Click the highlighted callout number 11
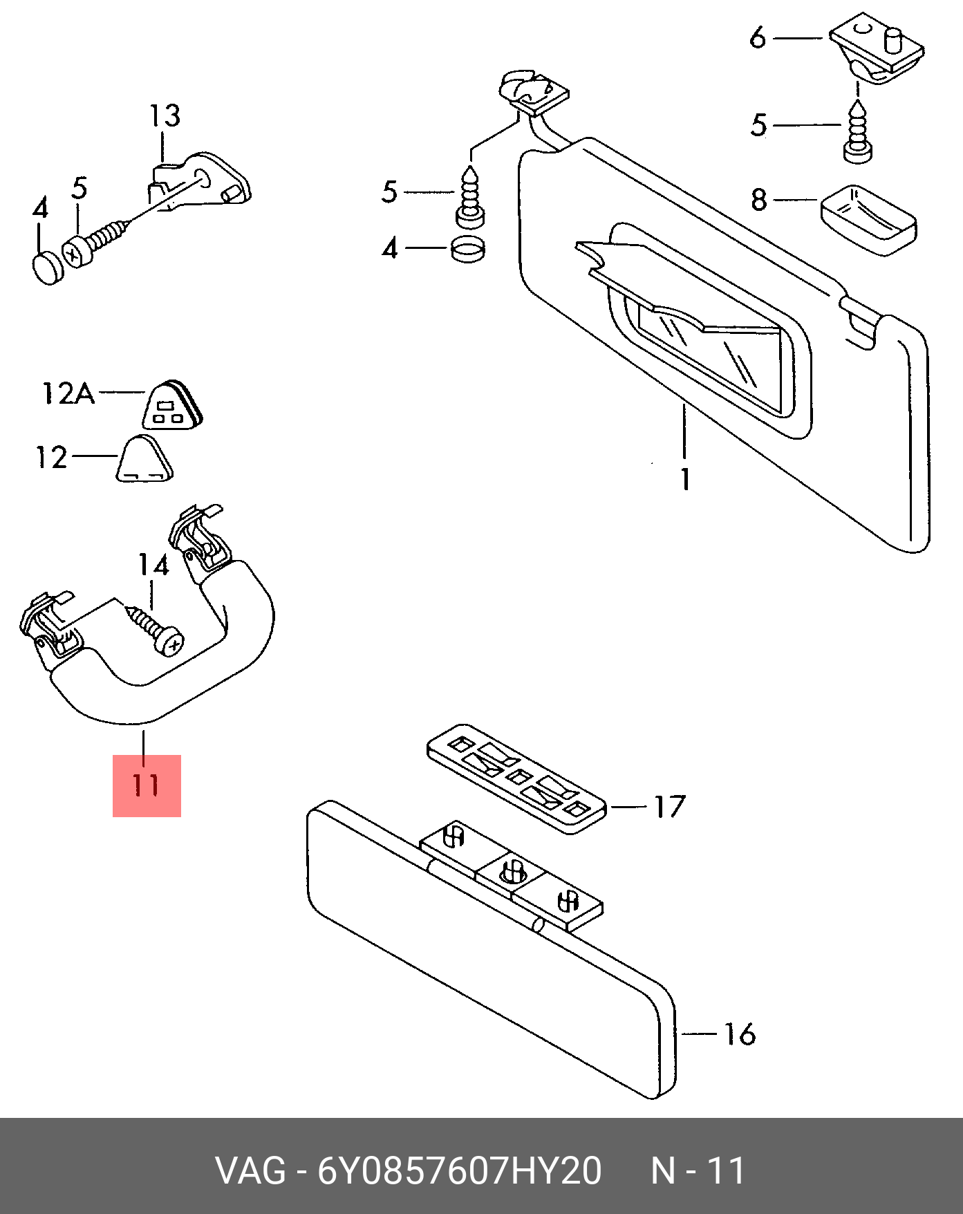(x=147, y=785)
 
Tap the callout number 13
(x=165, y=115)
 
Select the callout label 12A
(x=68, y=393)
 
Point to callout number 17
(x=669, y=806)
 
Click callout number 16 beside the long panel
(x=740, y=1034)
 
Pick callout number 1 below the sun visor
(x=685, y=479)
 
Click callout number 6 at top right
(x=758, y=37)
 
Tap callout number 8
(x=759, y=200)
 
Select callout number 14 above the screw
(x=153, y=565)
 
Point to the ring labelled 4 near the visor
(x=468, y=250)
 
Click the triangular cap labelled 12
(x=144, y=458)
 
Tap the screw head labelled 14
(x=169, y=643)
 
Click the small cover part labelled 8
(x=868, y=220)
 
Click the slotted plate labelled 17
(x=516, y=778)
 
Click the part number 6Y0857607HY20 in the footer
(x=460, y=1171)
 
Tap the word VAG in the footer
(x=250, y=1171)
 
